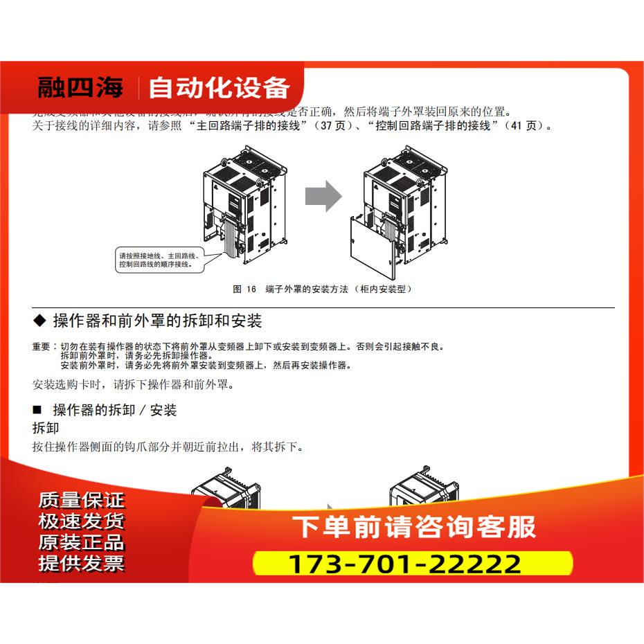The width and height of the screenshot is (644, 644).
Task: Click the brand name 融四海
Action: [x=80, y=88]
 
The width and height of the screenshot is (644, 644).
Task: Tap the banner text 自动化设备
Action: [x=219, y=88]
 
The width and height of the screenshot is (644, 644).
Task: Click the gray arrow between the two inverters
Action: [x=323, y=196]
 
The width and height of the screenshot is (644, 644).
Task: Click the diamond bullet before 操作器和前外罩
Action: [x=39, y=321]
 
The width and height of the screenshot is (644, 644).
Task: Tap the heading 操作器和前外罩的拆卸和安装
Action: [x=157, y=321]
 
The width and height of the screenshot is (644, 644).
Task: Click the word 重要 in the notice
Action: [x=41, y=346]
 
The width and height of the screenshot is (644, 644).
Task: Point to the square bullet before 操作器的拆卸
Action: [x=38, y=410]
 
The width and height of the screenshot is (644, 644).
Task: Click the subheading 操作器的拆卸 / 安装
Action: [x=115, y=410]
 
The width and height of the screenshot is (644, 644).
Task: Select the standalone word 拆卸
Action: [x=46, y=428]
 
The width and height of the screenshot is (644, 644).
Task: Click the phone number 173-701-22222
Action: [x=404, y=564]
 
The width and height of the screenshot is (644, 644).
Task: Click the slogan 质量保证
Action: [x=82, y=500]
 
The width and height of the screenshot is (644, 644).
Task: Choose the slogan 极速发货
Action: [x=82, y=521]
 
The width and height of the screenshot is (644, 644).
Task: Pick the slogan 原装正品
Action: [x=82, y=542]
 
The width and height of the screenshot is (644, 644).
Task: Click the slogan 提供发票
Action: [x=82, y=564]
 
